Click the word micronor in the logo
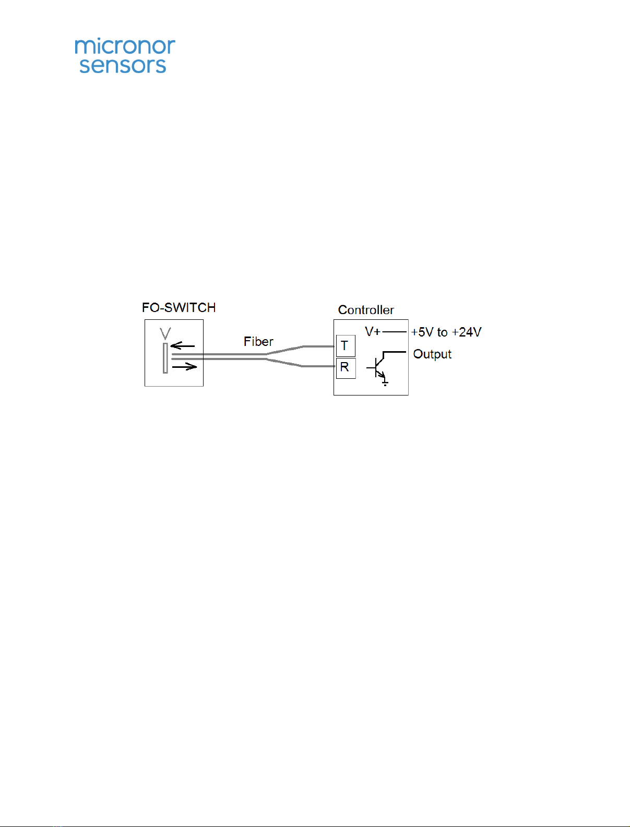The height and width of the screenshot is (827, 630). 125,46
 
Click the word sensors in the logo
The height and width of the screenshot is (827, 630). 123,65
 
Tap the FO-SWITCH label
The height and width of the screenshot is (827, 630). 179,308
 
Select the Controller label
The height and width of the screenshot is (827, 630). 366,310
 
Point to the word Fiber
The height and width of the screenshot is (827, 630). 258,341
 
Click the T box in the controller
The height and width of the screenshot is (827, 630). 346,346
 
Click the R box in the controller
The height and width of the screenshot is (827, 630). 346,368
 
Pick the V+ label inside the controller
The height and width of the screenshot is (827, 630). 373,331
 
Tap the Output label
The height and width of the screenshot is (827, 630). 432,354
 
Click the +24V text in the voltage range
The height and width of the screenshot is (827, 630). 467,332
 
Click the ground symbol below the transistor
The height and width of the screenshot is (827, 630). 385,383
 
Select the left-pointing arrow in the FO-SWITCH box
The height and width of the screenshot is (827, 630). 182,346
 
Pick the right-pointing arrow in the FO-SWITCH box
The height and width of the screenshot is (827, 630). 185,367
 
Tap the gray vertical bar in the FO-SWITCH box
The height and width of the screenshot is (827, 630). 165,358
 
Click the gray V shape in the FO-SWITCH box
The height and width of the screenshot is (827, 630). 165,333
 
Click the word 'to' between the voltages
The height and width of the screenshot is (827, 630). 442,332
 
